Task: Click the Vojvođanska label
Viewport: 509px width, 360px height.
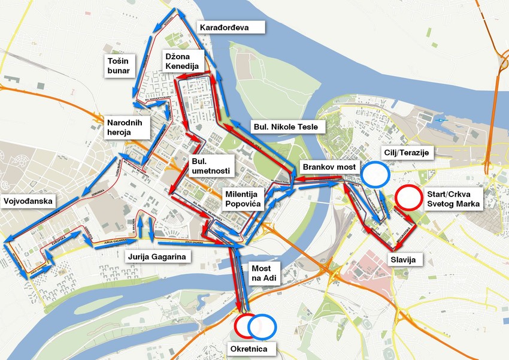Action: tap(28, 201)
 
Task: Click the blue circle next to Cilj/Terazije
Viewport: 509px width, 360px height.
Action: tap(375, 174)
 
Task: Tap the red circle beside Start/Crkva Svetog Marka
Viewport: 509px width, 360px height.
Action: tap(408, 198)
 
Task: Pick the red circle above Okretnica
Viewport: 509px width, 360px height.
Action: tap(247, 325)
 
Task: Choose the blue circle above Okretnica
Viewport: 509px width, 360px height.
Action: tap(262, 325)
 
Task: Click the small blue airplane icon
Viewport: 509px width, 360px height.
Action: tap(441, 120)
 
